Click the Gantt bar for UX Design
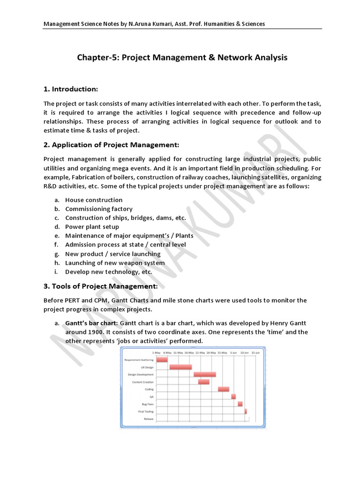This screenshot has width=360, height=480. coord(180,367)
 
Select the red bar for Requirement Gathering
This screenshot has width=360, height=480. coord(162,360)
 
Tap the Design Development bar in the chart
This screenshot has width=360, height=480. coord(204,375)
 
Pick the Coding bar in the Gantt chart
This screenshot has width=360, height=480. coord(224,389)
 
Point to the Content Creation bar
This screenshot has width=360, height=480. coord(203,382)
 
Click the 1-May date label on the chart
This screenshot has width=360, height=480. coord(157,352)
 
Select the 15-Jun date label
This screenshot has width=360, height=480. coord(255,352)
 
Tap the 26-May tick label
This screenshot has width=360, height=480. coord(211,352)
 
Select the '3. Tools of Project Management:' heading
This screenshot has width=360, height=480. coord(100,286)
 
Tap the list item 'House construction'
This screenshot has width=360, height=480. coord(94,200)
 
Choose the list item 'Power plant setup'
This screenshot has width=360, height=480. coord(92,227)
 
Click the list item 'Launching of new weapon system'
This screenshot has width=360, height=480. coord(115,263)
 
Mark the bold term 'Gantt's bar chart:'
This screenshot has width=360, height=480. coord(92,323)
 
